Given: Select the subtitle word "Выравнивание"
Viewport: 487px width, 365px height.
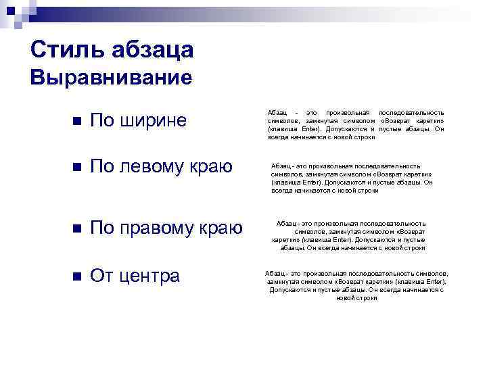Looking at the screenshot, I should tap(112, 77).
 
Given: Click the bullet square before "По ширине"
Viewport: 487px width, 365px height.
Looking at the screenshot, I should tap(76, 121).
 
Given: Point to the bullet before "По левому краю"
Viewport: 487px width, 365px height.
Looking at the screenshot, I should tap(76, 168).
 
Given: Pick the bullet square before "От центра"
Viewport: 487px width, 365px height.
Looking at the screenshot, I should tap(76, 276).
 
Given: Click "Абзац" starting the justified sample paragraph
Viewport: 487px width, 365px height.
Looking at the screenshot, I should tap(277, 112).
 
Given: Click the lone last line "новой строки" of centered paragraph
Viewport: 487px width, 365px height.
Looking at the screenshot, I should tap(356, 298).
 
